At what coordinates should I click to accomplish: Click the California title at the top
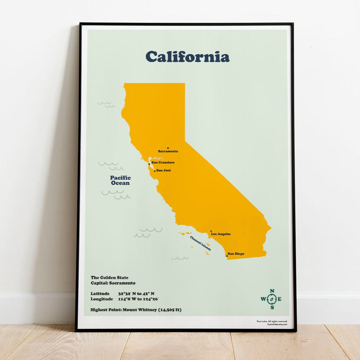(187, 57)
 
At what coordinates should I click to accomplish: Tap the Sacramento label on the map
(168, 151)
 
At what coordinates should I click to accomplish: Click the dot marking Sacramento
(168, 148)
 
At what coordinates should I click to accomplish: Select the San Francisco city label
(163, 163)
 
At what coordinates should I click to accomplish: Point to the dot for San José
(155, 171)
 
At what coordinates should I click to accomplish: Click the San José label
(164, 170)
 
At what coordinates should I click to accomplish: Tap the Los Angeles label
(221, 234)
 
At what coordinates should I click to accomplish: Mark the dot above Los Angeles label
(211, 231)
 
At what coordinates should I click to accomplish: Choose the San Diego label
(236, 254)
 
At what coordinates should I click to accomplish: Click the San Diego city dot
(227, 256)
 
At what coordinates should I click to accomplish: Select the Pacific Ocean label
(120, 180)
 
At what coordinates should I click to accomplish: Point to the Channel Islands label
(200, 243)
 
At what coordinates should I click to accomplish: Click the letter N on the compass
(272, 291)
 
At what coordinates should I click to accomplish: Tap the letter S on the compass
(272, 308)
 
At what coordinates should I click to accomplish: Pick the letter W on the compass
(263, 299)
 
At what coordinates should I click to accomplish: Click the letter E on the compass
(280, 299)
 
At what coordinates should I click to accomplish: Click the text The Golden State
(109, 278)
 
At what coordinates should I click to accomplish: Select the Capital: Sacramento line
(113, 283)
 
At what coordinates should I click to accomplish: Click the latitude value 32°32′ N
(126, 293)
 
